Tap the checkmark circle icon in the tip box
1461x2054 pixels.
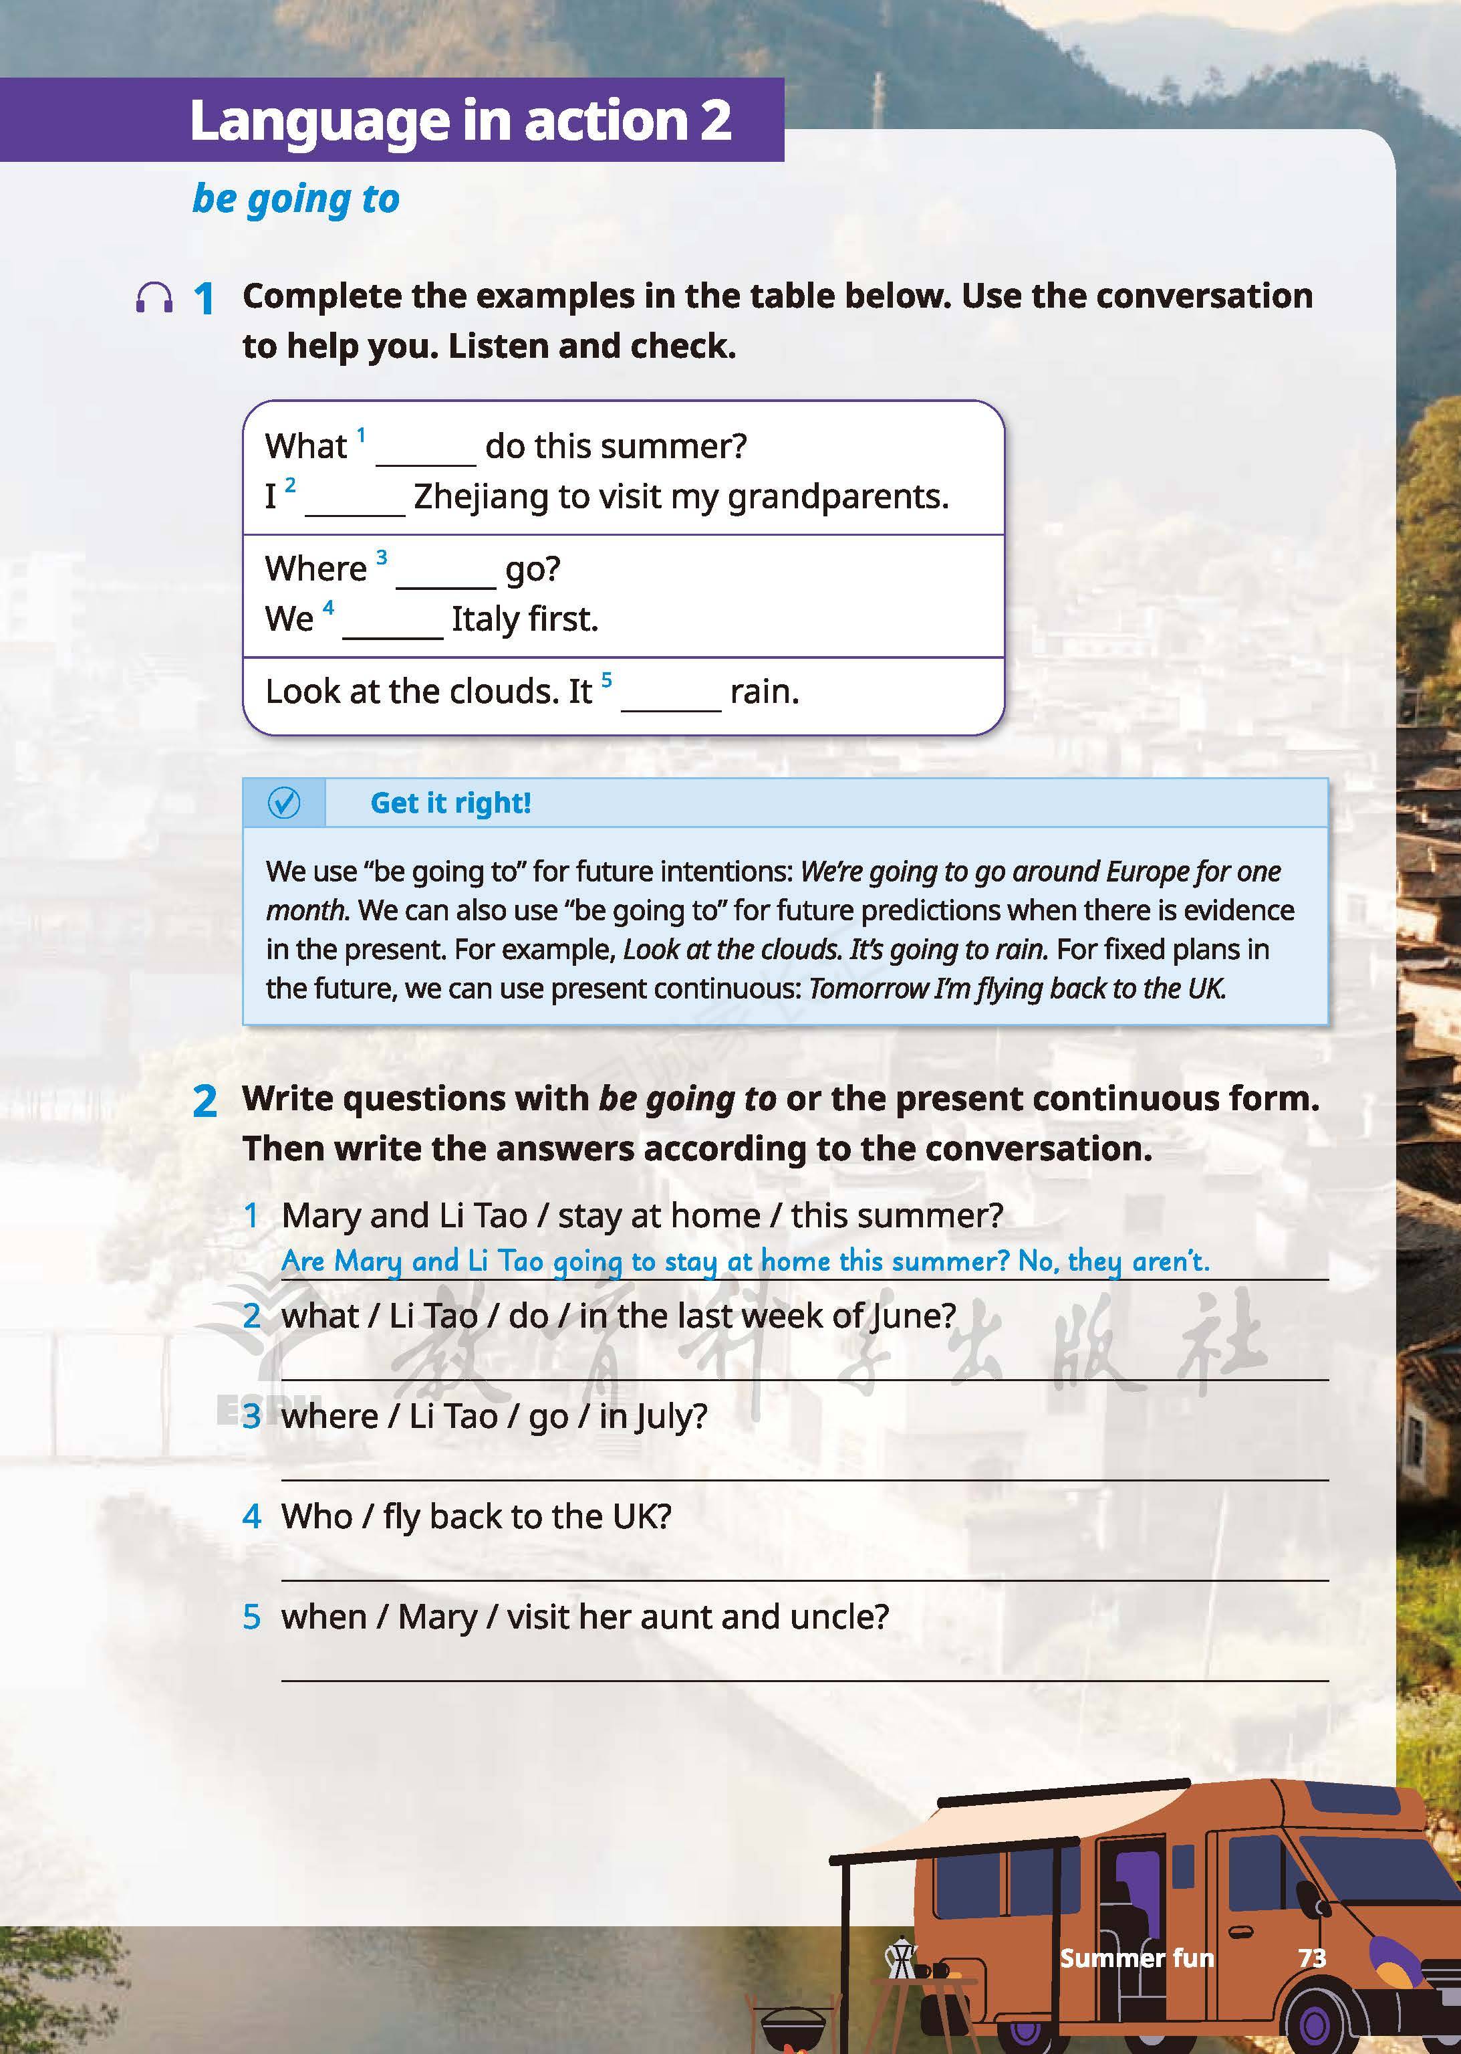[x=284, y=802]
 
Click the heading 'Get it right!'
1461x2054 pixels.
[x=450, y=803]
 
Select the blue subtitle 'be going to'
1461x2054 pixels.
[x=296, y=199]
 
